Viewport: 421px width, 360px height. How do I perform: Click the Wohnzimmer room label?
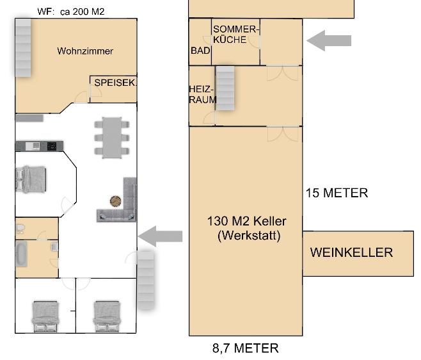(x=85, y=51)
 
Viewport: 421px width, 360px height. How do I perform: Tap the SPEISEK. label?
(x=115, y=83)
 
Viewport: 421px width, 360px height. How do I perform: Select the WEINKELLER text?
(x=351, y=252)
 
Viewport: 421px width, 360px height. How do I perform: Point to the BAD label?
(x=200, y=51)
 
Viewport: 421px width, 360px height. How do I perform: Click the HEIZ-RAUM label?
(x=202, y=94)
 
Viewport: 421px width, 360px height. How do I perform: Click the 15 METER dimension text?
(x=337, y=193)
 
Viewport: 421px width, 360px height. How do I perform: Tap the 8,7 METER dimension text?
(x=246, y=348)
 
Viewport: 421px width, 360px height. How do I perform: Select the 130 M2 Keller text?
(x=246, y=221)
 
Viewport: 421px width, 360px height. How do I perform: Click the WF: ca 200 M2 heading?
(x=71, y=12)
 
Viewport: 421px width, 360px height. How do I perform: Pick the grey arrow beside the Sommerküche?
(x=329, y=40)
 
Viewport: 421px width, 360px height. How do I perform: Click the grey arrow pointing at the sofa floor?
(x=161, y=236)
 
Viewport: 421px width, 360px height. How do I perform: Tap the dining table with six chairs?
(x=112, y=138)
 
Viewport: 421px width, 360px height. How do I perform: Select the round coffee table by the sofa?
(x=115, y=201)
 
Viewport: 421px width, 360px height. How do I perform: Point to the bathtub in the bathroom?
(x=21, y=254)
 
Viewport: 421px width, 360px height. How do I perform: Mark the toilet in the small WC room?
(x=20, y=229)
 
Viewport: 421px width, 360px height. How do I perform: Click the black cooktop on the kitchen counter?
(x=52, y=146)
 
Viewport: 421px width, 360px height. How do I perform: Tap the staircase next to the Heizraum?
(x=225, y=88)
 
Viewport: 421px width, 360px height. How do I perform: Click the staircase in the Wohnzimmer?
(x=23, y=47)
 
